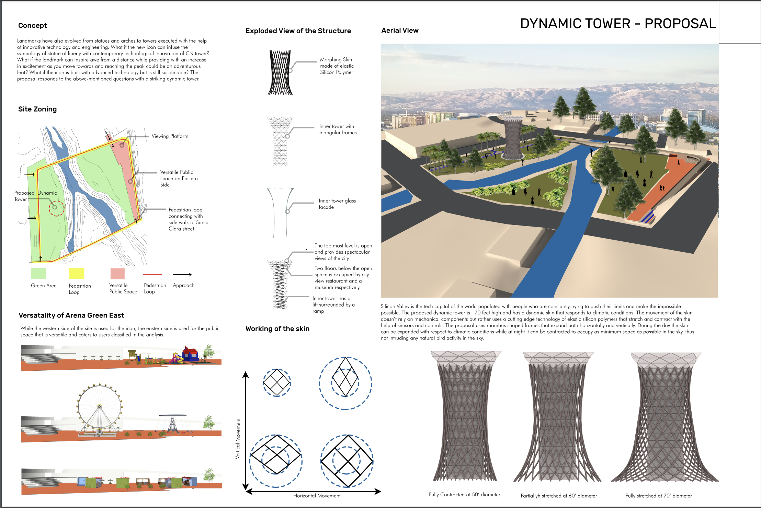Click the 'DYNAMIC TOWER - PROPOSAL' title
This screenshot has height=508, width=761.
click(618, 23)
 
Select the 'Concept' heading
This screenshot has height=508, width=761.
click(33, 25)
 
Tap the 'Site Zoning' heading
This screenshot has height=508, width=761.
click(37, 109)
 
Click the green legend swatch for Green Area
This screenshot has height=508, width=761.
click(38, 274)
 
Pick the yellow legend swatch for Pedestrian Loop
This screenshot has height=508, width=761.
click(76, 274)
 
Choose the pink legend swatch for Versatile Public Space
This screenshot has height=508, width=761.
click(117, 274)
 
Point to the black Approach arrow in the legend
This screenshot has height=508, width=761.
click(182, 275)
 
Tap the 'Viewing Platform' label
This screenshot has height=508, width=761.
click(170, 136)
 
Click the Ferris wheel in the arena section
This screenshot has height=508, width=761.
click(100, 410)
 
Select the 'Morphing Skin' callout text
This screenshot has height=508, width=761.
click(336, 59)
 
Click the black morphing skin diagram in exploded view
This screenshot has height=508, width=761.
click(280, 73)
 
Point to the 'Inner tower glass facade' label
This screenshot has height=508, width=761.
click(337, 204)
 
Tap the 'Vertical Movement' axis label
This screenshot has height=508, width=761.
click(238, 439)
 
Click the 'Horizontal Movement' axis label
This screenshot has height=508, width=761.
click(317, 496)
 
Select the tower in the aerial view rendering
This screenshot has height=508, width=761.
click(512, 137)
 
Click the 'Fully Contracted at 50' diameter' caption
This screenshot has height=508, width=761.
click(465, 495)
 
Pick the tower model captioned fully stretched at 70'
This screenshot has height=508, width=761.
click(665, 417)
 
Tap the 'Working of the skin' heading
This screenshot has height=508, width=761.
click(277, 329)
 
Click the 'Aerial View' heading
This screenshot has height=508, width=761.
click(400, 31)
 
